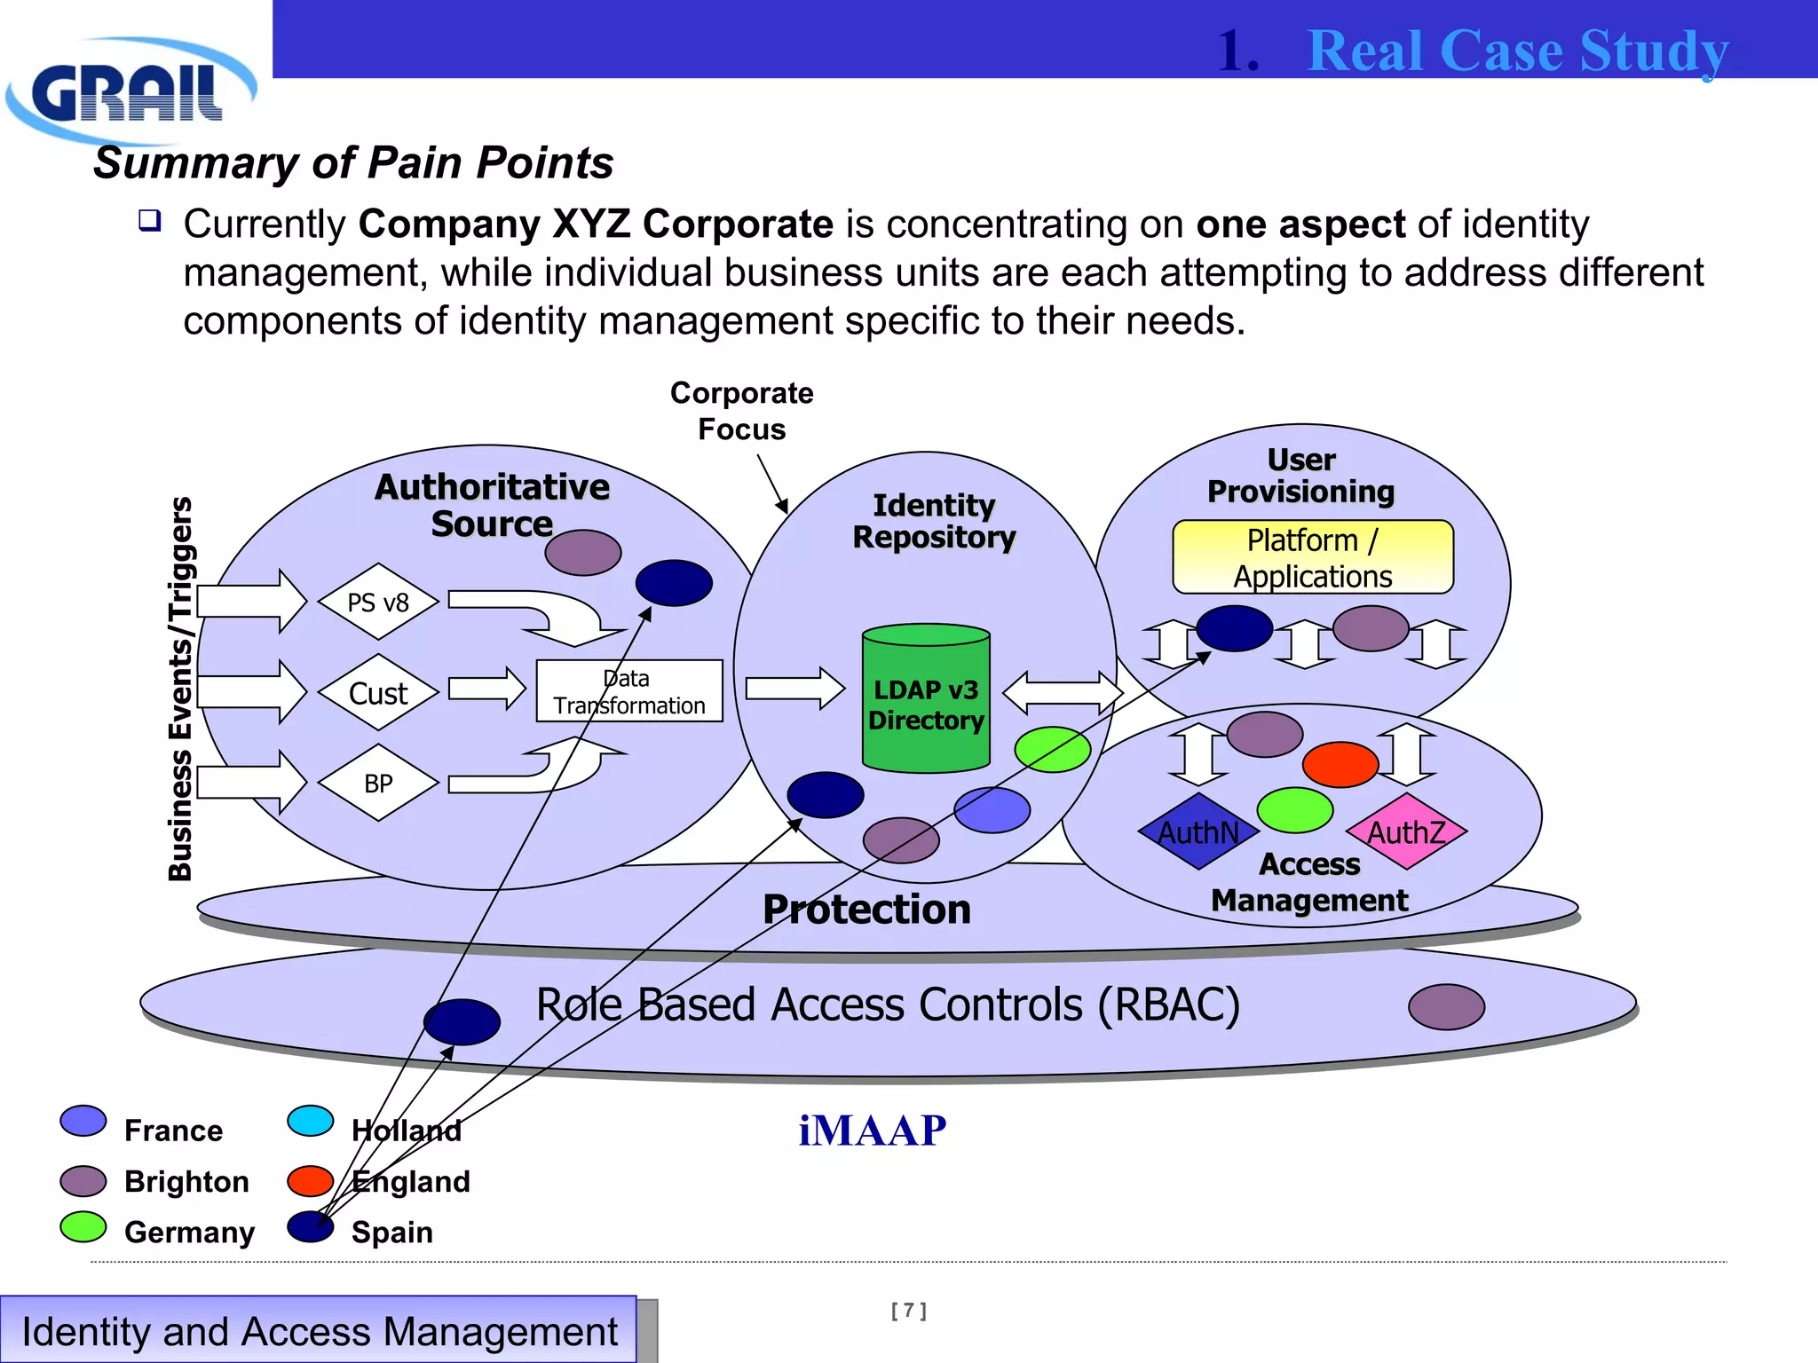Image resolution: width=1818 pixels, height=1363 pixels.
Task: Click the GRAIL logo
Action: (x=129, y=91)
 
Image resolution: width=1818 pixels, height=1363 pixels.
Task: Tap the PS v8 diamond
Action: (x=378, y=603)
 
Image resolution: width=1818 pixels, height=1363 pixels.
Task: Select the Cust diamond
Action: (x=378, y=693)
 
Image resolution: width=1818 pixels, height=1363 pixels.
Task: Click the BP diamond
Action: (x=378, y=784)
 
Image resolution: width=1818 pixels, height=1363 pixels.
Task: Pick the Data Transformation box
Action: (x=629, y=691)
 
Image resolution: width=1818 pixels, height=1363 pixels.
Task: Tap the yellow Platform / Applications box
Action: (x=1312, y=557)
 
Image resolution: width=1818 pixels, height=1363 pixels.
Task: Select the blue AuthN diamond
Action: (x=1198, y=832)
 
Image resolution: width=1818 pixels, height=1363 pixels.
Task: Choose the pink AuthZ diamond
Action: (x=1406, y=832)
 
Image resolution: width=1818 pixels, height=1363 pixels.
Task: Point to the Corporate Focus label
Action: (x=741, y=411)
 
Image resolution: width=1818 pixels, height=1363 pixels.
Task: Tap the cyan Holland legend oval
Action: (x=311, y=1121)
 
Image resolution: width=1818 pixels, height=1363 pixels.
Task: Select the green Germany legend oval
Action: (x=83, y=1227)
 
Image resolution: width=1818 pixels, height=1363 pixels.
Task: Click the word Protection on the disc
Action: (x=866, y=910)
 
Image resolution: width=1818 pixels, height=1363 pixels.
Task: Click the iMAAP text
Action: (x=872, y=1131)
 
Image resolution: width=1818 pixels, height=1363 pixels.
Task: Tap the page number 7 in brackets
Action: (x=908, y=1311)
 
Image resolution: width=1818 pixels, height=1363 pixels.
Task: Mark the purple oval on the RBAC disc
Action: (x=1446, y=1007)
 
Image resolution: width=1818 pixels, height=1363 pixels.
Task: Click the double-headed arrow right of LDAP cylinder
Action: (x=1063, y=693)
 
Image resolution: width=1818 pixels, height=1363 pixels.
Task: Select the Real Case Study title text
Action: (x=1518, y=51)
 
